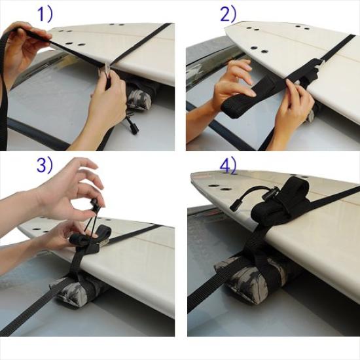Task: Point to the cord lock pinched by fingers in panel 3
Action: (96, 206)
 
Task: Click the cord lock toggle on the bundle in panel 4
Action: (270, 194)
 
